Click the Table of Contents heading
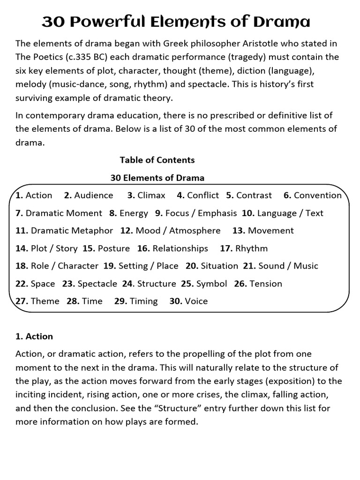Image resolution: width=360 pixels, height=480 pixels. click(x=157, y=160)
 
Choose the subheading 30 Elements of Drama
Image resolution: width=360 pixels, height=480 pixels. click(x=157, y=178)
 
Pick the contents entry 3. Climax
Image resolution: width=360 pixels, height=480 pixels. click(x=146, y=195)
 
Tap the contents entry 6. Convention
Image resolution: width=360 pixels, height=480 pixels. click(x=313, y=195)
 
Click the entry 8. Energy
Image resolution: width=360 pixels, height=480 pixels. click(x=128, y=213)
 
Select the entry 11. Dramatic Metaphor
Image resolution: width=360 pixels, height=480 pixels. click(x=64, y=231)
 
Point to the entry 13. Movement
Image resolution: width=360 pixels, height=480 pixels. click(x=263, y=231)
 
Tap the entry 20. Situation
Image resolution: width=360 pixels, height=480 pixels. click(x=212, y=266)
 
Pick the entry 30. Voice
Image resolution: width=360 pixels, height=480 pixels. click(x=188, y=301)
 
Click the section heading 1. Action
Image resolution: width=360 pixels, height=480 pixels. click(x=34, y=337)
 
